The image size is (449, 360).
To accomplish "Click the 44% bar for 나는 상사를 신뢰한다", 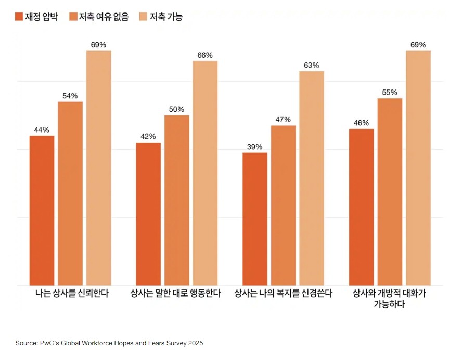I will (x=42, y=210).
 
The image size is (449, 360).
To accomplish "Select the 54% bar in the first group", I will (x=70, y=193).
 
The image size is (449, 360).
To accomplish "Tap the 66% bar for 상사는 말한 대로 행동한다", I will (x=205, y=173).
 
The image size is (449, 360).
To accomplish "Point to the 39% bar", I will (x=255, y=218).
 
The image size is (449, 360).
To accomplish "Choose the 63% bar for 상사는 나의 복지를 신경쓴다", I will (x=312, y=178).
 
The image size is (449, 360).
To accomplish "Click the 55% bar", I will (x=390, y=191).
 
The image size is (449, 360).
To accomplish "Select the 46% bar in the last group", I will (x=361, y=207).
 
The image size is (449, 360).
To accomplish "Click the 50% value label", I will (x=176, y=109).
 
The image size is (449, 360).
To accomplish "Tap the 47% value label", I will (x=283, y=120).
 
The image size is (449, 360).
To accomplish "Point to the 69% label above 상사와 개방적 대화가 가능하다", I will (x=418, y=45).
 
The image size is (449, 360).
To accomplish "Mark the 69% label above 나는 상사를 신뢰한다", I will (x=98, y=45).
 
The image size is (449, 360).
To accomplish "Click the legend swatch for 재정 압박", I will (x=19, y=17).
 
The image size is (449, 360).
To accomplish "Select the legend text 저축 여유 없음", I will (x=104, y=17).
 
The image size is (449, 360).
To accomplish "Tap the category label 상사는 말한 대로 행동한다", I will (x=176, y=293).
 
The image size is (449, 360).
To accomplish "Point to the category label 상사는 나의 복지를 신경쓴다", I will (x=283, y=293).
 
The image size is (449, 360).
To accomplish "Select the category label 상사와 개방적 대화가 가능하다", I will (x=389, y=299).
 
